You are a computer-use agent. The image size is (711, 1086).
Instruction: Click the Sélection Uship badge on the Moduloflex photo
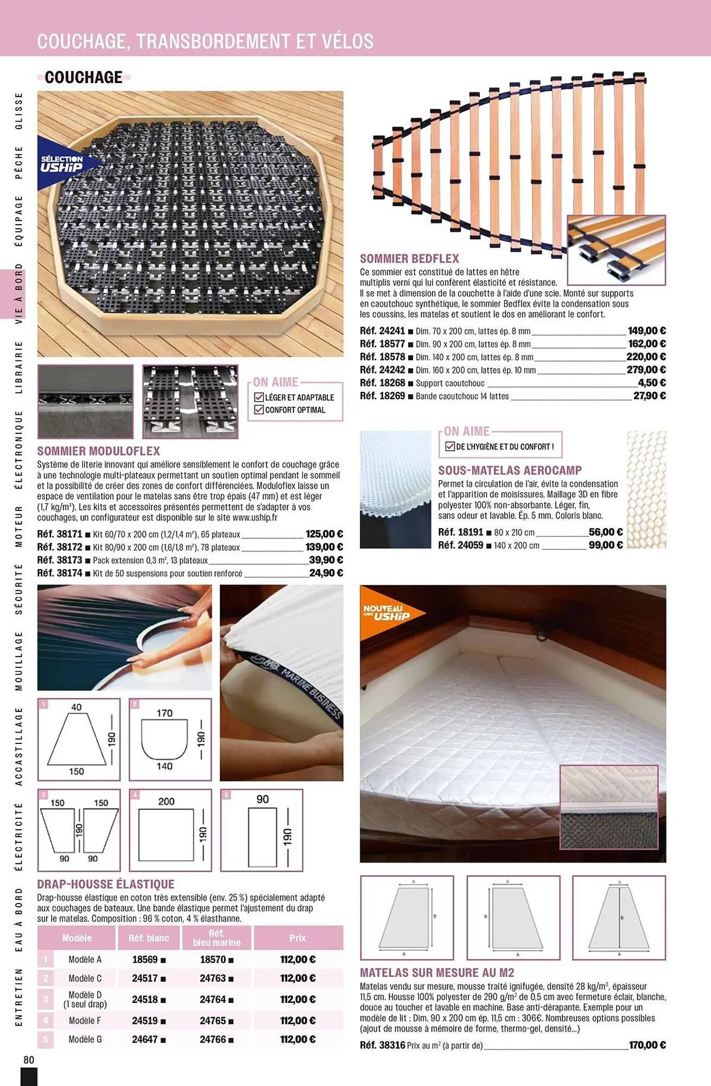[62, 163]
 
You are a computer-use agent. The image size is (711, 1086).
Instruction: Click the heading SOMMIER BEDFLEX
[409, 259]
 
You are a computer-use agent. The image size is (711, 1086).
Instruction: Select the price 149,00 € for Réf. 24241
[646, 331]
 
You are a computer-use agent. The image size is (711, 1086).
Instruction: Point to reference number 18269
[392, 396]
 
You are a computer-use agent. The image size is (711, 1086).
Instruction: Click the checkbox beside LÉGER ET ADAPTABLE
[259, 397]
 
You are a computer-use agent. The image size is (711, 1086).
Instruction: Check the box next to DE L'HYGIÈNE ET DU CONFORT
[449, 446]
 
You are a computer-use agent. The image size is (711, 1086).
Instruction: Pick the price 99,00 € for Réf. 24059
[605, 545]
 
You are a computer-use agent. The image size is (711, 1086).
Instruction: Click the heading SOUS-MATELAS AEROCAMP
[510, 470]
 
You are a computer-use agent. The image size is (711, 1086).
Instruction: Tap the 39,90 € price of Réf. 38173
[326, 560]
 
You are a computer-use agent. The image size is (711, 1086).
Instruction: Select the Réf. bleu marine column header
[217, 938]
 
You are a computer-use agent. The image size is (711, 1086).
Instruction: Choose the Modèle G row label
[85, 1039]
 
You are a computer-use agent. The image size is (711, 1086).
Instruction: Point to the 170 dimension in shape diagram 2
[164, 713]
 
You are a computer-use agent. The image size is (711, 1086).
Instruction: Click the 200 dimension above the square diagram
[166, 801]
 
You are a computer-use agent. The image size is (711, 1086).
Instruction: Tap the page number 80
[29, 1060]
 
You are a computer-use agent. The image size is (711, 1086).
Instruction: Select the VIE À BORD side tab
[19, 294]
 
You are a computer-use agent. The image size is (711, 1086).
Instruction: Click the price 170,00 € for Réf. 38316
[647, 1045]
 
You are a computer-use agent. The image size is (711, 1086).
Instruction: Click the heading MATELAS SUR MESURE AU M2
[437, 973]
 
